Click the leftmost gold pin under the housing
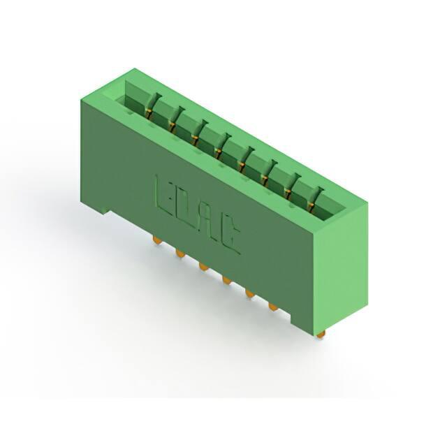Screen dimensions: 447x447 tap(156, 240)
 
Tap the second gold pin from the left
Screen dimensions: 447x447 tap(179, 254)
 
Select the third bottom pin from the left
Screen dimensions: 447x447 tap(203, 267)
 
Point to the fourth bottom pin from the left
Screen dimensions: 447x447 tap(226, 281)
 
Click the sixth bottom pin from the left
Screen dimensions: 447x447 tap(273, 308)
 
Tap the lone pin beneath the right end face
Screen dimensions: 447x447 tap(321, 334)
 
